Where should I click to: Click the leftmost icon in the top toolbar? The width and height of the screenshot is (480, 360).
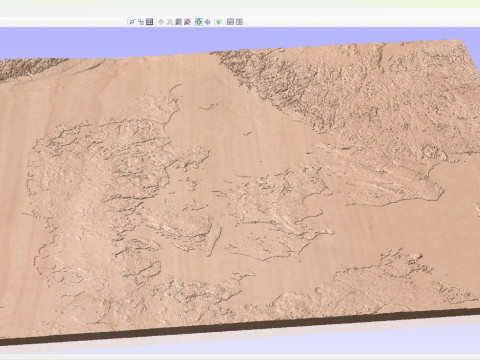pyautogui.click(x=131, y=21)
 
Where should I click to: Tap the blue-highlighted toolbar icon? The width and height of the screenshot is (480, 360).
pyautogui.click(x=199, y=21)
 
